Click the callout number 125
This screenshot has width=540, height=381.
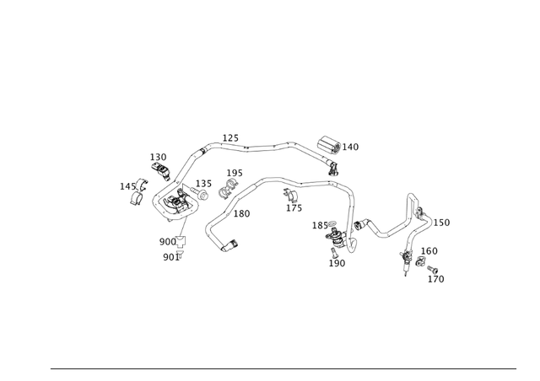tap(230, 138)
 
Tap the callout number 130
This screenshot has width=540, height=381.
tap(159, 158)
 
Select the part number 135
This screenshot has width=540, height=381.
tap(204, 184)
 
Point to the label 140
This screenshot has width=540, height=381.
tap(350, 148)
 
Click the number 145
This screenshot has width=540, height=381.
tap(127, 187)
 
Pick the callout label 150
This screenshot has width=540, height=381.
tap(441, 223)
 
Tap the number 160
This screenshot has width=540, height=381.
tap(429, 251)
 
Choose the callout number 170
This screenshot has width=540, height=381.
tap(435, 280)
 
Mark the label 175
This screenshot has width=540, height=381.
tap(294, 209)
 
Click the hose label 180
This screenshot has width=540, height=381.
tap(241, 214)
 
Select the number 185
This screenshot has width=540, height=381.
tap(320, 226)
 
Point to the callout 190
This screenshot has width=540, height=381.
tap(337, 264)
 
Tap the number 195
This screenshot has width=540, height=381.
tap(235, 174)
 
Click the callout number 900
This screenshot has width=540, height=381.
tap(168, 242)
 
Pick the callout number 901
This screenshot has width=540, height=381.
tap(170, 258)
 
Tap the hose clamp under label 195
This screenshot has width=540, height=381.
tap(225, 192)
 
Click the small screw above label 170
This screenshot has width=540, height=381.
tap(433, 270)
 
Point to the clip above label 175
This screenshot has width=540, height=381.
tap(289, 196)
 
